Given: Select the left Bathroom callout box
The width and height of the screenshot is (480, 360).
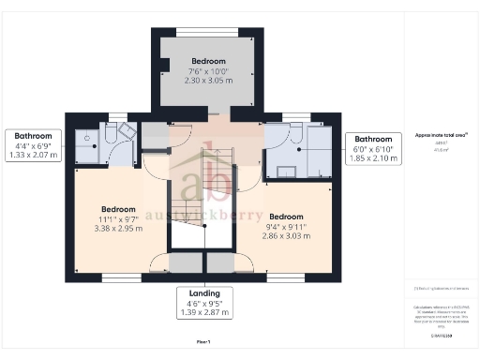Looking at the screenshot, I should click(x=33, y=145).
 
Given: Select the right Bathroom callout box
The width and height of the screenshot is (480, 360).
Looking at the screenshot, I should click(x=380, y=148).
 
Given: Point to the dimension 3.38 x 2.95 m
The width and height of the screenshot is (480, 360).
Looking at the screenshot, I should click(x=118, y=228).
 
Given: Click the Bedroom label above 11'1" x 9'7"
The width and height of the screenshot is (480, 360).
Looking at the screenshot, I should click(x=118, y=208).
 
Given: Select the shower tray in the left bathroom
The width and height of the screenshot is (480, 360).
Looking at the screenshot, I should click(x=89, y=138).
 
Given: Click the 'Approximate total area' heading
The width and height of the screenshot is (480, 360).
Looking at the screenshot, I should click(x=441, y=134).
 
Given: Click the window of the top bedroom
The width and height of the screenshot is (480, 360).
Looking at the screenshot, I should click(x=207, y=30).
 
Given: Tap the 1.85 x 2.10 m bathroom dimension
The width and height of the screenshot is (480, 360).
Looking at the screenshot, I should click(x=380, y=159).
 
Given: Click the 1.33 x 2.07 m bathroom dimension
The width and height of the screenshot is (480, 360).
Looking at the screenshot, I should click(x=33, y=156).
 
